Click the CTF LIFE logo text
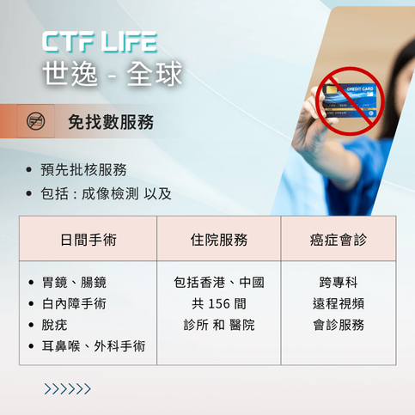point(100,40)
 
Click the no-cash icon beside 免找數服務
point(36,121)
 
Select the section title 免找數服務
point(111,122)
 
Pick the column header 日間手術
point(88,239)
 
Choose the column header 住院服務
point(219,239)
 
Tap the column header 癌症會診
point(339,239)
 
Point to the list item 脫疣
point(54,325)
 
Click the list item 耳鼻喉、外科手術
point(94,346)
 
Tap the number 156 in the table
point(220,303)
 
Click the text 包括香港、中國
point(219,282)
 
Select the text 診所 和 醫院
point(219,325)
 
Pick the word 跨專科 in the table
point(339,282)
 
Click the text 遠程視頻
point(339,303)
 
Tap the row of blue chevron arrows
point(67,389)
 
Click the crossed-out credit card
point(347,100)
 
